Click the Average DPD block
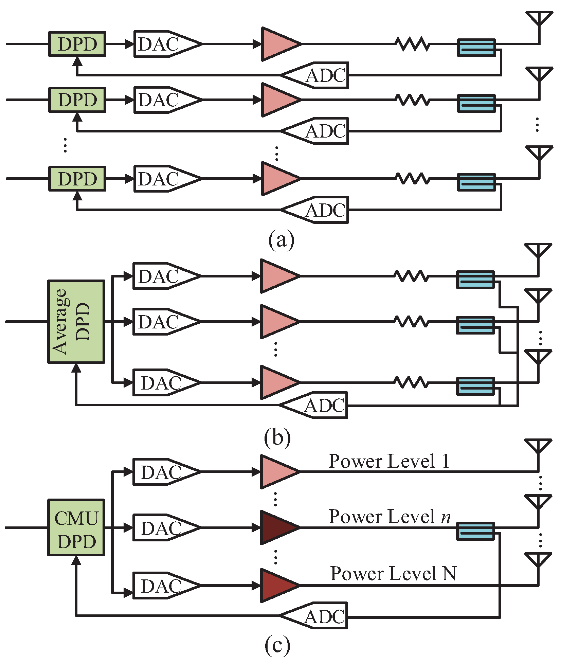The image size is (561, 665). click(x=76, y=322)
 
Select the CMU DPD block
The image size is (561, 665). click(x=76, y=527)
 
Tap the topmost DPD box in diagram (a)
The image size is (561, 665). click(x=77, y=44)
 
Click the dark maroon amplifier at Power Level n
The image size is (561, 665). click(x=277, y=527)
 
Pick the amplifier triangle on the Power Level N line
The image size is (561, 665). click(x=277, y=585)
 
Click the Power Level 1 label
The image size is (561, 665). click(x=389, y=461)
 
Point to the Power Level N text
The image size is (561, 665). click(x=393, y=574)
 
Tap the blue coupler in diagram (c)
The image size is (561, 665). click(x=475, y=531)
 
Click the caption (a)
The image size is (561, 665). click(x=281, y=240)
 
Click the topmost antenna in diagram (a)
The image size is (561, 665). click(x=539, y=19)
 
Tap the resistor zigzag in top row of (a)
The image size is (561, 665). click(x=412, y=44)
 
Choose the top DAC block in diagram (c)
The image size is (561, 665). click(x=163, y=472)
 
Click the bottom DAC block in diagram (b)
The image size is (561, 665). click(x=163, y=382)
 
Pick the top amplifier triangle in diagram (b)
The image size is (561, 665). click(x=277, y=276)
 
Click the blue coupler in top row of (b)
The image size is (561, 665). click(x=475, y=280)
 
